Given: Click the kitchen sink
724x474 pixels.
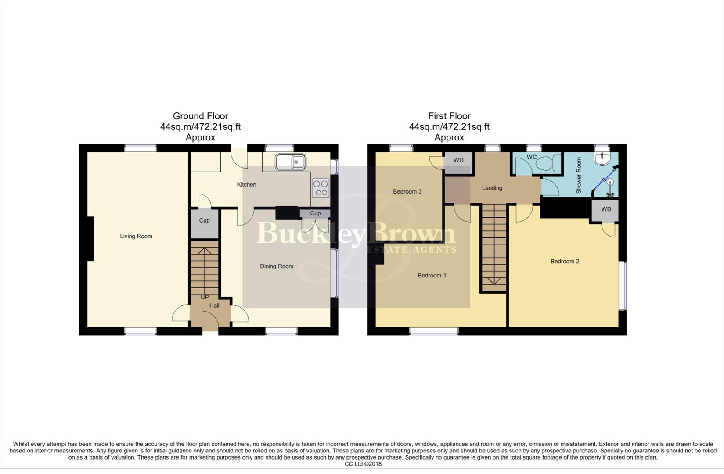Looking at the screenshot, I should click(290, 162).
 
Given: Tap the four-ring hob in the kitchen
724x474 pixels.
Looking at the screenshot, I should click(320, 188).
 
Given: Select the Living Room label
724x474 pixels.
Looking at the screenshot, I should click(136, 236).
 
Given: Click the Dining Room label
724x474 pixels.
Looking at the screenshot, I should click(277, 266).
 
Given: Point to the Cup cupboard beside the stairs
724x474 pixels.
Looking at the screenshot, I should click(204, 221).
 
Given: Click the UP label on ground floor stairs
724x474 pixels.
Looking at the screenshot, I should click(205, 297).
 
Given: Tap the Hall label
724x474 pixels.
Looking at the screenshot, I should click(214, 305).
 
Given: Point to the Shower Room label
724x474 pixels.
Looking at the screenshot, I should click(579, 176).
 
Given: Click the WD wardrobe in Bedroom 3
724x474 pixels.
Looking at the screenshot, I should click(458, 160).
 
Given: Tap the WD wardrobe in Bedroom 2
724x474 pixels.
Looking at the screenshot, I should click(606, 209).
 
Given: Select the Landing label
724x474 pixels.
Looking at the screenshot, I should click(492, 188).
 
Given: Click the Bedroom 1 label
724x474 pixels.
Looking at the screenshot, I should click(432, 276).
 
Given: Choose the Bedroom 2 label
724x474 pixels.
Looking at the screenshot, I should click(565, 262).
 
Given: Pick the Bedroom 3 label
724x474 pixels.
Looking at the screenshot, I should click(407, 192).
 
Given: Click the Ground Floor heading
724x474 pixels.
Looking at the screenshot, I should click(200, 116).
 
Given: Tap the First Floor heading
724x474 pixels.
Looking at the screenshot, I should click(449, 116).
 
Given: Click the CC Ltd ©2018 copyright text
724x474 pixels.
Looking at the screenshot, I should click(363, 464).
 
